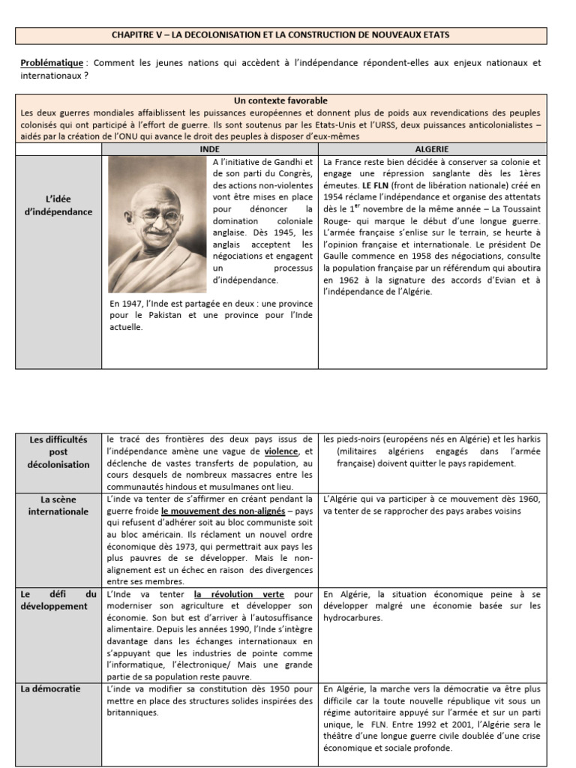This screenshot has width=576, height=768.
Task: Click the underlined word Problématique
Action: click(x=51, y=64)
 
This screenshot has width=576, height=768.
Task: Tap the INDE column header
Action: click(x=210, y=150)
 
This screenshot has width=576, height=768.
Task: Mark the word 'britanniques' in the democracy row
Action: click(x=133, y=712)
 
